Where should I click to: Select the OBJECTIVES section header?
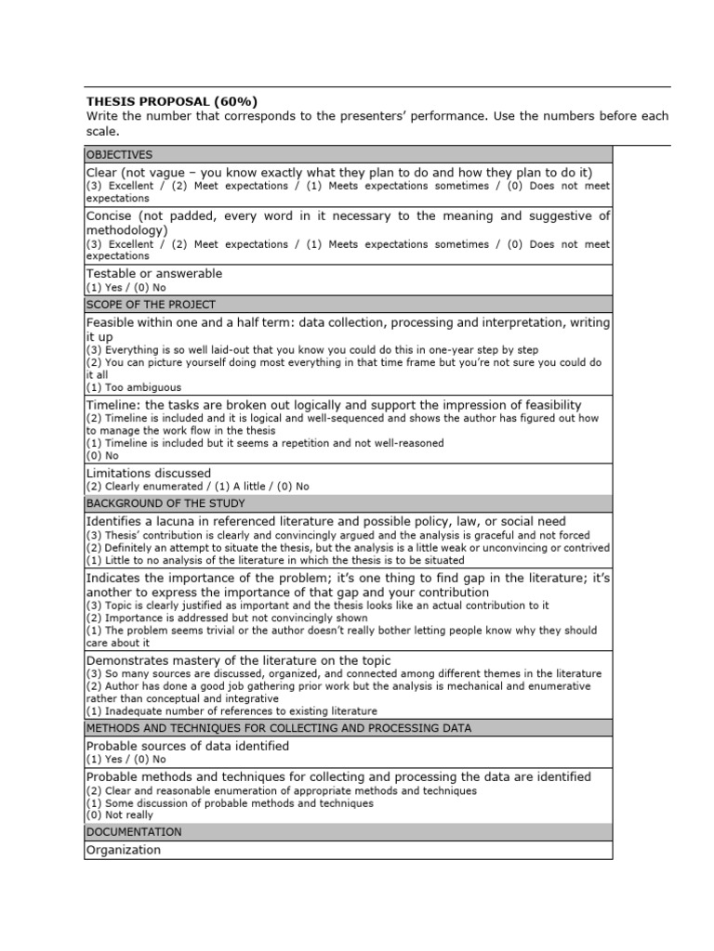[x=120, y=154]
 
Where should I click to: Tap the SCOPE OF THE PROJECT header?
[x=151, y=305]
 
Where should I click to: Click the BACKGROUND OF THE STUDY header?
[x=165, y=503]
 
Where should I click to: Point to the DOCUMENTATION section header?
[x=134, y=832]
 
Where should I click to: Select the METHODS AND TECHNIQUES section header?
[x=279, y=728]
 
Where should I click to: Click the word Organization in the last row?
[x=124, y=850]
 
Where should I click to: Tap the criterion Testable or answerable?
[x=154, y=274]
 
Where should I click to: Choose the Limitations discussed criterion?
[x=149, y=474]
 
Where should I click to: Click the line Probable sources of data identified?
[x=188, y=746]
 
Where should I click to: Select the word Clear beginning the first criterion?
[x=102, y=173]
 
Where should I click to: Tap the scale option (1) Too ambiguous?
[x=134, y=387]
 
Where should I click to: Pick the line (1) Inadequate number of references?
[x=231, y=710]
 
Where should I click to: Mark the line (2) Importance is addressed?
[x=227, y=618]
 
